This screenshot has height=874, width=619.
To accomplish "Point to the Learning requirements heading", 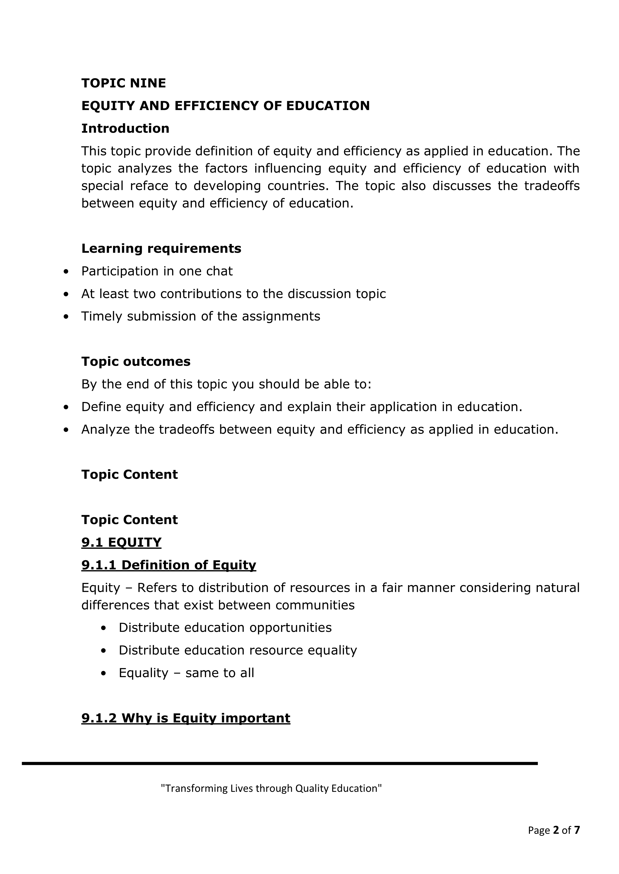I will [x=161, y=248].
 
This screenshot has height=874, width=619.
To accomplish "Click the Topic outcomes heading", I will [x=136, y=361].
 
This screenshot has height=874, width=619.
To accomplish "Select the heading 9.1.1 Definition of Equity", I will [x=168, y=565].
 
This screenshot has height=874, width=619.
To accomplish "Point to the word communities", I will [x=315, y=605].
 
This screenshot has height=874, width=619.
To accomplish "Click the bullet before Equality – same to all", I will [x=104, y=673].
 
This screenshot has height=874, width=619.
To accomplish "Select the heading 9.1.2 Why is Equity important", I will [x=186, y=718].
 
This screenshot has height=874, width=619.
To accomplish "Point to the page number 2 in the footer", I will [x=556, y=830].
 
